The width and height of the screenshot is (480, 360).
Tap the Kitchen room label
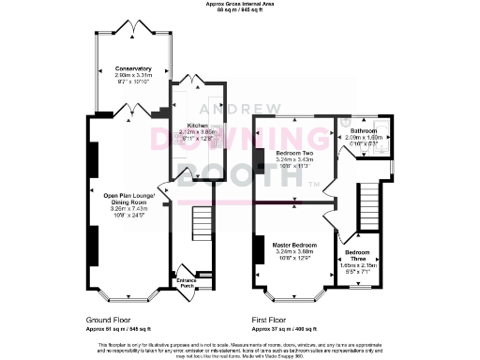pyautogui.click(x=197, y=125)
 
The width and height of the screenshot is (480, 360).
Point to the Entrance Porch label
pyautogui.click(x=190, y=281)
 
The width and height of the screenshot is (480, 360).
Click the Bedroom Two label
pyautogui.click(x=293, y=152)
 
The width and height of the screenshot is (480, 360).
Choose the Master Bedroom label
pyautogui.click(x=293, y=245)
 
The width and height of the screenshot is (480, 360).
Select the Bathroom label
pyautogui.click(x=364, y=130)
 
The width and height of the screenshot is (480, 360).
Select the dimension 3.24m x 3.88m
pyautogui.click(x=293, y=251)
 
